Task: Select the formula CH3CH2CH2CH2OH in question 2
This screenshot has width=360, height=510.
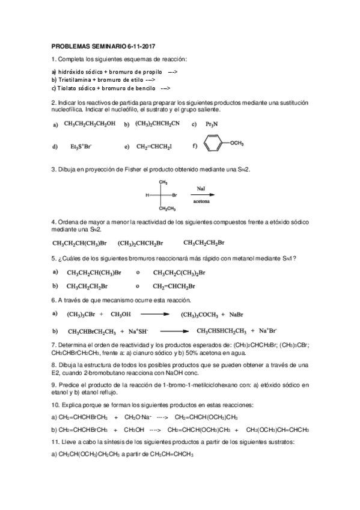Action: pos(89,124)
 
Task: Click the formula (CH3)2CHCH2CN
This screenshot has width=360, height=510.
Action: pos(157,124)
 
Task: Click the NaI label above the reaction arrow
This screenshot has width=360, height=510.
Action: pos(201,188)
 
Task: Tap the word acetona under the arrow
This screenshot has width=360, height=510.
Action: pos(201,201)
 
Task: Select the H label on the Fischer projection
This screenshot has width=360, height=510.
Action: pos(147,195)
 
